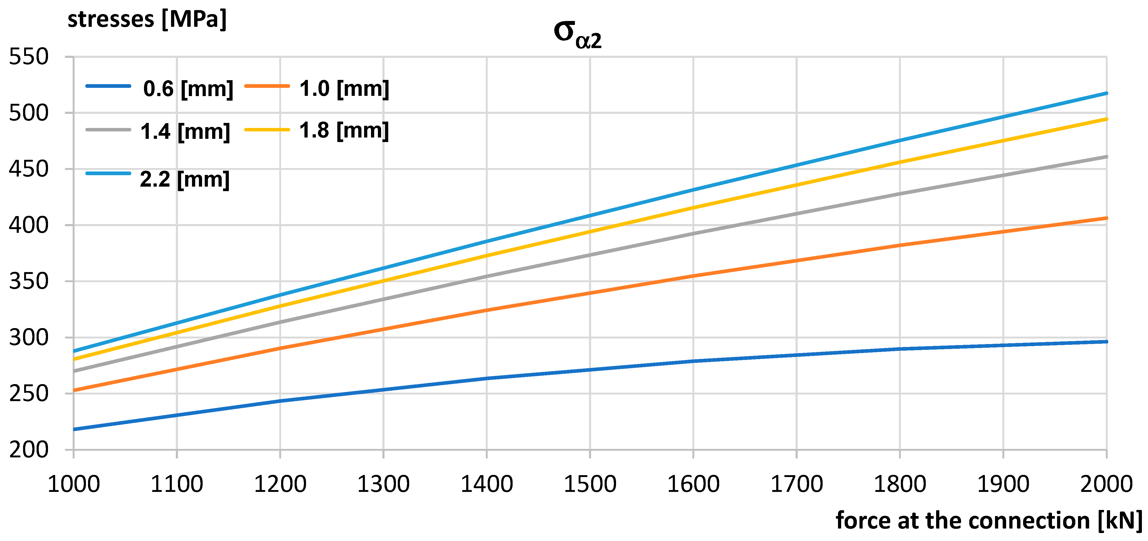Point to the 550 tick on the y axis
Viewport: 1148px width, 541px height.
[29, 57]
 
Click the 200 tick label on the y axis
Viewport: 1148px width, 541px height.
[29, 450]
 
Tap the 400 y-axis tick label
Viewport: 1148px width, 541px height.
[29, 225]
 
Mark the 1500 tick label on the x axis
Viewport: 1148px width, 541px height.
[590, 484]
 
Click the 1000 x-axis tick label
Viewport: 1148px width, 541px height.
[73, 484]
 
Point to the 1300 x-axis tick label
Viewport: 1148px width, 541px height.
[383, 484]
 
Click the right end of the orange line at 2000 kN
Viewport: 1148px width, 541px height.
[1106, 218]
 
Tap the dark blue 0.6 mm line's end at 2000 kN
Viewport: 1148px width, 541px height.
[1106, 342]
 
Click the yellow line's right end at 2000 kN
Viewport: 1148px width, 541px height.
[1106, 119]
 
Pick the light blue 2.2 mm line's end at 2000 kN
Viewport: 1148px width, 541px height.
[1106, 93]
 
